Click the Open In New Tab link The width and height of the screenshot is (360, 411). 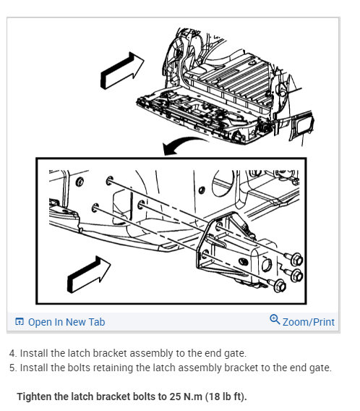(x=67, y=322)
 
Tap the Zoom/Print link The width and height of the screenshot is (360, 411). (x=309, y=322)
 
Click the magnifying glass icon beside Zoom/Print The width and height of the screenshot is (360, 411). (x=275, y=319)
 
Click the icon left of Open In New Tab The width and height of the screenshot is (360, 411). (x=20, y=321)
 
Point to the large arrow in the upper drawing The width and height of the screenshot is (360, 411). (x=122, y=70)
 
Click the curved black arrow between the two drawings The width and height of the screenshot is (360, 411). (x=184, y=145)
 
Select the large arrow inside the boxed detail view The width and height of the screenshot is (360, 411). (x=89, y=274)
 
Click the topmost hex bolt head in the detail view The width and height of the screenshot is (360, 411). (x=296, y=259)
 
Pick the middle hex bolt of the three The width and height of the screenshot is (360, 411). (x=296, y=276)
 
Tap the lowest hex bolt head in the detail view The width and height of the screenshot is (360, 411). (x=280, y=286)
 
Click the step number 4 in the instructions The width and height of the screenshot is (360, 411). (x=12, y=353)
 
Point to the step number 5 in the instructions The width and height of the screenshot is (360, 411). (x=12, y=368)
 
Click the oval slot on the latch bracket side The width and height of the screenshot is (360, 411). (x=243, y=261)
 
